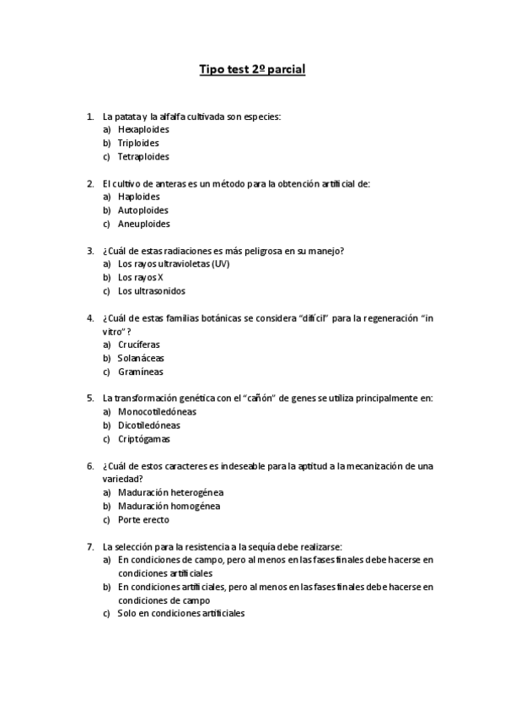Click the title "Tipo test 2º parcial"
click(x=252, y=69)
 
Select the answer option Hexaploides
click(x=143, y=129)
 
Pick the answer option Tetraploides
click(x=143, y=156)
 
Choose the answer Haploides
click(x=139, y=197)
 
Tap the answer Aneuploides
click(x=143, y=224)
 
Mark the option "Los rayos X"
click(x=141, y=277)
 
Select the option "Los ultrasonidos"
click(x=152, y=290)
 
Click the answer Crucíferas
click(x=139, y=344)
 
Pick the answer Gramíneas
click(x=141, y=372)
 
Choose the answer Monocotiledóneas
click(x=157, y=412)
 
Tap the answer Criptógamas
click(x=144, y=439)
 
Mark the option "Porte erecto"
click(x=143, y=519)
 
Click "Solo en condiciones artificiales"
click(x=181, y=614)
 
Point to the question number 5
click(x=90, y=399)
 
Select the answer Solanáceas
click(x=141, y=358)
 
